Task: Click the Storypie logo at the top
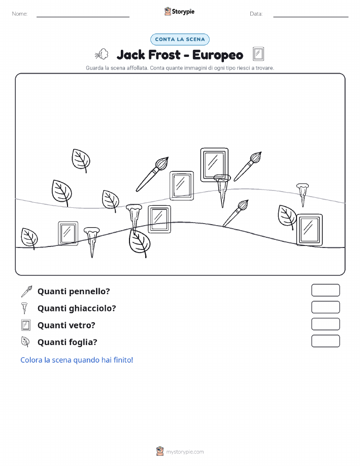(x=179, y=12)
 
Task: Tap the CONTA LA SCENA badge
(x=180, y=39)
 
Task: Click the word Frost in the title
(x=164, y=55)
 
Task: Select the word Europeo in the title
(x=218, y=55)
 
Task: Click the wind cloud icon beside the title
(x=102, y=54)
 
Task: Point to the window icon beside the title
(x=258, y=54)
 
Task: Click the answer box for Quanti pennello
(x=325, y=290)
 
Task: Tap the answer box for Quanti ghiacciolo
(x=325, y=307)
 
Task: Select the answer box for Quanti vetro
(x=325, y=324)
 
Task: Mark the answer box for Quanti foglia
(x=325, y=341)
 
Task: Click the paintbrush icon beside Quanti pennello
(x=26, y=291)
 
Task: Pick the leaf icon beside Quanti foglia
(x=25, y=342)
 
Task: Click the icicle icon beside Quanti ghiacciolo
(x=24, y=308)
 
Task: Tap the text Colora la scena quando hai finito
(x=77, y=360)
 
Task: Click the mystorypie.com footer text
(x=185, y=452)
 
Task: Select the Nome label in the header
(x=20, y=14)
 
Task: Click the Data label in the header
(x=256, y=14)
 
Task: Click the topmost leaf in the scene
(x=81, y=161)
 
